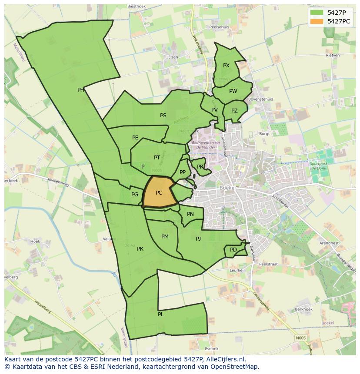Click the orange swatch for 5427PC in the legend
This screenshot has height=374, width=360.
coord(317,21)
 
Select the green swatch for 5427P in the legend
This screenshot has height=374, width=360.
coord(317,13)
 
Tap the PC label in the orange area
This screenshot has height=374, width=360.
coord(159,193)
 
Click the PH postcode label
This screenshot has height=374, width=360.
coord(81,90)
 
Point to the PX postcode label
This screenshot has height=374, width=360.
coord(226,66)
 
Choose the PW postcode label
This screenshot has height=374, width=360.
coord(233,91)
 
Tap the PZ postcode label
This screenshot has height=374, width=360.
coord(234,111)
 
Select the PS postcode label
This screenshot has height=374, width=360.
coord(163,116)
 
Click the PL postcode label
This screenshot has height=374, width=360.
coord(161,314)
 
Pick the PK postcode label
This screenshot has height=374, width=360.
coord(140,249)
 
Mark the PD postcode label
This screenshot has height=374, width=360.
coord(233,250)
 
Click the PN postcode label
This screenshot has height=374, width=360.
coord(190,214)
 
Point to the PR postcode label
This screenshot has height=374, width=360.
coord(200,166)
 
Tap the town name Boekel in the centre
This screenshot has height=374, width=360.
coord(227,187)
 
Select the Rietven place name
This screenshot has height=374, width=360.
coord(332,56)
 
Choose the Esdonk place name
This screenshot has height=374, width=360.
coord(212,349)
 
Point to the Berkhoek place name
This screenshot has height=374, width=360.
coord(303,309)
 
